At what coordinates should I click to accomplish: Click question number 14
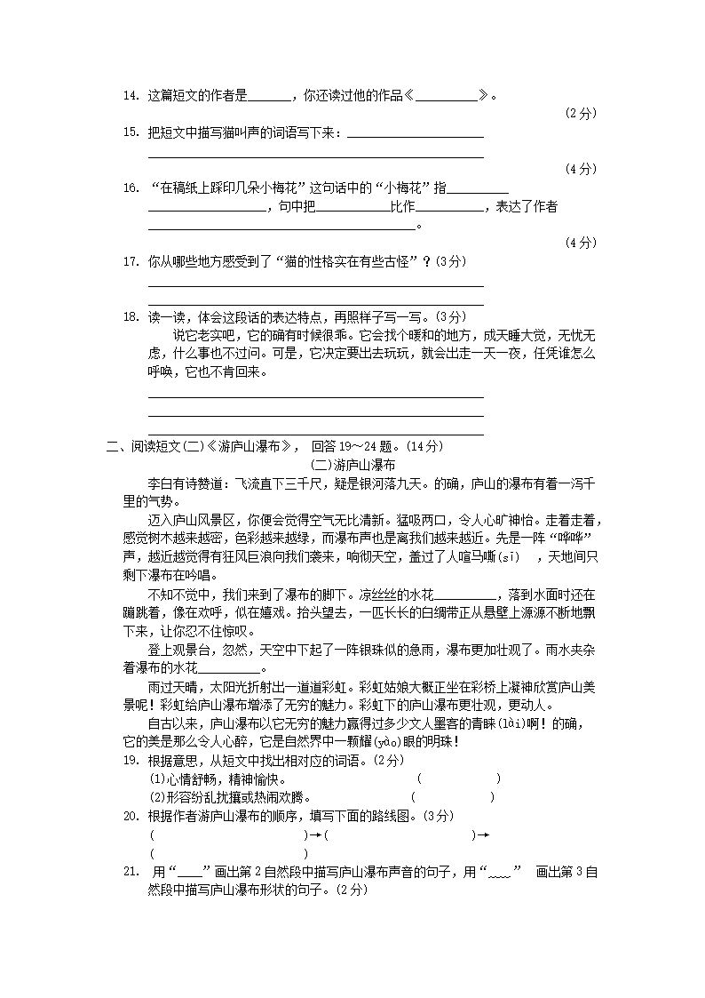tap(131, 96)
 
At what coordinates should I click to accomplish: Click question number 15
tap(131, 132)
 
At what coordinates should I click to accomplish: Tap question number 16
tap(131, 188)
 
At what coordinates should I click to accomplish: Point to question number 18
tap(131, 316)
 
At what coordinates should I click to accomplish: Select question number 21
tap(131, 873)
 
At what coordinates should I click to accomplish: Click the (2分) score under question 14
tap(581, 114)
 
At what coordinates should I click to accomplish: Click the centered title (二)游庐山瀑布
tap(353, 465)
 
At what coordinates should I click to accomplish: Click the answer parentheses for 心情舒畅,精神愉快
tap(458, 779)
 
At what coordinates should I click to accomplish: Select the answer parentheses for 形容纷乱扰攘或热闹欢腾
tap(452, 797)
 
